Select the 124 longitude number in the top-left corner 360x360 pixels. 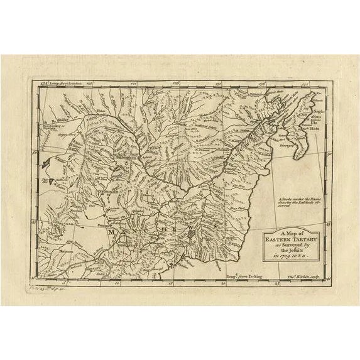(40, 82)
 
